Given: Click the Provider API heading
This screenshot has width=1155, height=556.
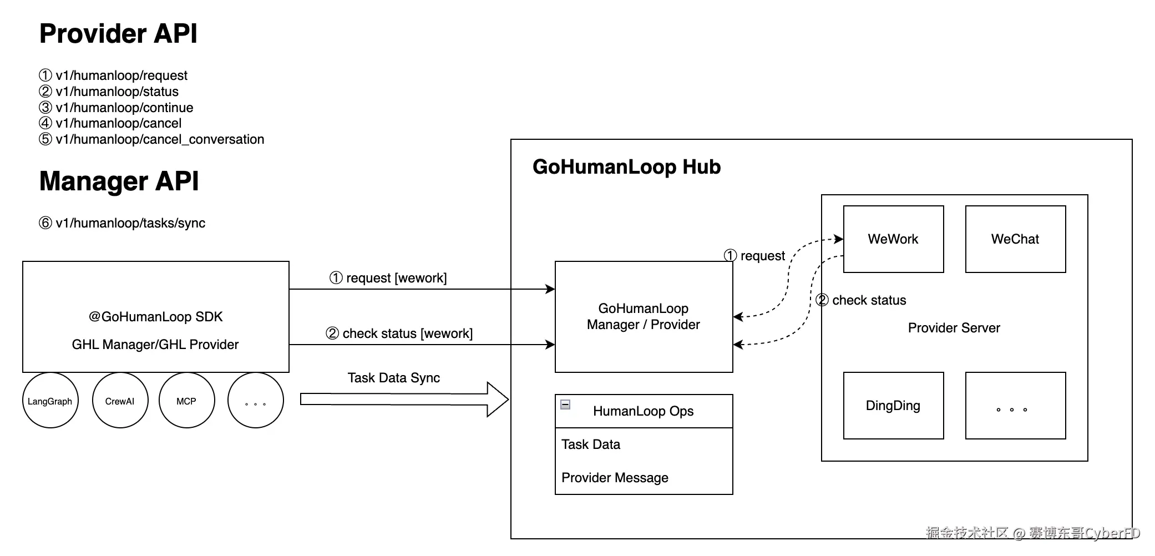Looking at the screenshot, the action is coord(118,34).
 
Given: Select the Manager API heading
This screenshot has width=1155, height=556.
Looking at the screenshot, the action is coord(119,181).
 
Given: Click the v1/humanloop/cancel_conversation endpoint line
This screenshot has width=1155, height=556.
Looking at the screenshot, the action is coord(151,139).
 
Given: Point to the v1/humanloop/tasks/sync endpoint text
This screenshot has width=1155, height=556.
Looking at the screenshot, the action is coord(122,223).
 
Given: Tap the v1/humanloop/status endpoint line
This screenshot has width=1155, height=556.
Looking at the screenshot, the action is coord(109,92).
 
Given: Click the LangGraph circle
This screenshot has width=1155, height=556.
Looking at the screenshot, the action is coord(50,400).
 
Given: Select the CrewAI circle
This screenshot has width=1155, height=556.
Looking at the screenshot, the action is coord(120,400).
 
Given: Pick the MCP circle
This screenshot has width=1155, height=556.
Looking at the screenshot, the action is coord(187,400).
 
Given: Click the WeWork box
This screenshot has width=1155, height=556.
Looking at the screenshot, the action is coord(894,239).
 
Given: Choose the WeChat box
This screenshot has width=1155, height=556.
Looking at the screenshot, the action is coord(1016,239).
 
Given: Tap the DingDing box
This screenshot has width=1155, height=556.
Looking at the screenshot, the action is coord(894,406).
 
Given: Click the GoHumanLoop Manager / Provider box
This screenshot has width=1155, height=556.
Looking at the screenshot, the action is coord(644,317).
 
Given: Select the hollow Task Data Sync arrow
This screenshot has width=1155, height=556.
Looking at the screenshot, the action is coord(404,399).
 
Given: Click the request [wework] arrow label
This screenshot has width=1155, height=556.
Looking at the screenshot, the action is coord(388,278).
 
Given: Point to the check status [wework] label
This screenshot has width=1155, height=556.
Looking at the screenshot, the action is coord(399,333).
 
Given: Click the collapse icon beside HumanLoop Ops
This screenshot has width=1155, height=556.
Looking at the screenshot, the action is coord(565,405).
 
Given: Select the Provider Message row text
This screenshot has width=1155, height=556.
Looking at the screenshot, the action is coord(615,478).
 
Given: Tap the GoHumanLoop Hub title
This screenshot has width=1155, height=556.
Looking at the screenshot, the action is coord(627,167).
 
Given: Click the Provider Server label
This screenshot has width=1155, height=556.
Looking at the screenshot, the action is coord(954,328).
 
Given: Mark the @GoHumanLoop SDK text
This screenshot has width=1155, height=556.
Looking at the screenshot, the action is coord(155,317).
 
